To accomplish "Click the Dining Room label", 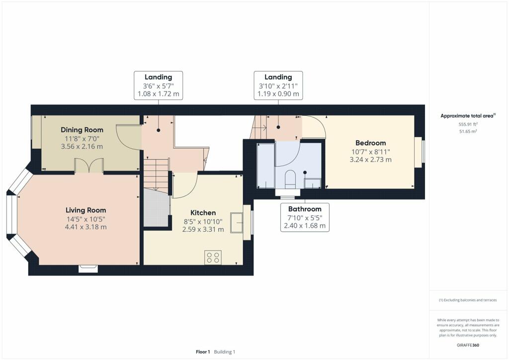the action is tap(82, 130).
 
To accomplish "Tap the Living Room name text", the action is tap(85, 210).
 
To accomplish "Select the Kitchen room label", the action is tap(203, 213).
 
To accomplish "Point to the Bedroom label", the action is tap(370, 143).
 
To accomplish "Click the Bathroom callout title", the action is tap(305, 209).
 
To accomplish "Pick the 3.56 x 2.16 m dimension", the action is tap(82, 146).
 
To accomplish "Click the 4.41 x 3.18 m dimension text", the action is tap(85, 227).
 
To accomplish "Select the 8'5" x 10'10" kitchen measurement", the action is tap(203, 222).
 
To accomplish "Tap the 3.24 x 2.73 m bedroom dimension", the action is tap(370, 160).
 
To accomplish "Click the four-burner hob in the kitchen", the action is tap(213, 257).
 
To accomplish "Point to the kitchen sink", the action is tap(237, 223).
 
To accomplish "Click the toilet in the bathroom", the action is tap(290, 180).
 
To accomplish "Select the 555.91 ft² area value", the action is tap(468, 124).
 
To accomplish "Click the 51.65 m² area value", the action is tap(468, 131).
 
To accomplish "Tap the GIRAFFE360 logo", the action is tap(468, 345).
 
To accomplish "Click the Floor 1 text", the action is tap(203, 352).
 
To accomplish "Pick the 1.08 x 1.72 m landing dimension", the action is tap(159, 94).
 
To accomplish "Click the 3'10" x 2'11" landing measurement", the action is tap(278, 86).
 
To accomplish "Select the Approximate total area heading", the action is tap(468, 116).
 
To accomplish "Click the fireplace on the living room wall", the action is tap(88, 269).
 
